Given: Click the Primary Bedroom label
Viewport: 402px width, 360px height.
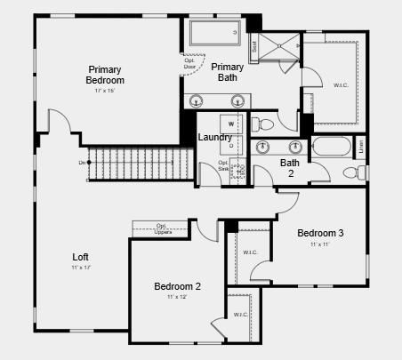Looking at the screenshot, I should [x=105, y=75].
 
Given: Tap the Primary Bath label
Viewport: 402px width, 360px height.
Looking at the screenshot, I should [x=227, y=72].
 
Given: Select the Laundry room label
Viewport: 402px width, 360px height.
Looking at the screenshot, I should [x=214, y=137].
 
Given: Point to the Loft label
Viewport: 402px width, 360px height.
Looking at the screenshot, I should [x=80, y=257].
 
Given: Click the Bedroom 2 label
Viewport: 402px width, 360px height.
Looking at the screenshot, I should [x=177, y=286].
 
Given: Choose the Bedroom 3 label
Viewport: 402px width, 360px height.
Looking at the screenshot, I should [x=320, y=233].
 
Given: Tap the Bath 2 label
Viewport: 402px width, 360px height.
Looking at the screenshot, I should [x=290, y=168].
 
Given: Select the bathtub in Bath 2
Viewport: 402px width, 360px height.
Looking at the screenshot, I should [x=331, y=148].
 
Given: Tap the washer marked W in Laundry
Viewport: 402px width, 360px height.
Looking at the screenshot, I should [x=231, y=124].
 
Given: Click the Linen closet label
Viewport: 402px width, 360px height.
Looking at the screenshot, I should [x=360, y=147].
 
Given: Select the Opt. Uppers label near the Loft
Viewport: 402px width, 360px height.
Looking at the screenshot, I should [x=162, y=228].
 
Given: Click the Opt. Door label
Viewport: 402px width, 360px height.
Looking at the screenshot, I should [x=190, y=64].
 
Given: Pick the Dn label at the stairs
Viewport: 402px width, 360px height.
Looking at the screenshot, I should [x=83, y=163].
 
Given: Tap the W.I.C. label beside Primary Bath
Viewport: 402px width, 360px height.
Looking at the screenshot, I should [x=341, y=85].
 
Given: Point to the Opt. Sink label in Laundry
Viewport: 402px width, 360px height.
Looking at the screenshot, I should [x=224, y=166].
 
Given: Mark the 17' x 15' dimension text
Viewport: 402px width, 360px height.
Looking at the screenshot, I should [x=105, y=91].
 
